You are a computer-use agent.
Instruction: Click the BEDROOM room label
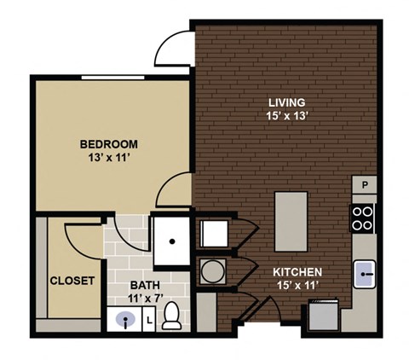(x=109, y=144)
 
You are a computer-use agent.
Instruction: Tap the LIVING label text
(x=287, y=102)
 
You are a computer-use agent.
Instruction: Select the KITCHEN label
(x=297, y=272)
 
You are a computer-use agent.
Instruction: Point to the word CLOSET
(x=72, y=281)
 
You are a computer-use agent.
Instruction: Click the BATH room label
(x=145, y=285)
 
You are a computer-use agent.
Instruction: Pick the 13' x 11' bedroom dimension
(x=109, y=158)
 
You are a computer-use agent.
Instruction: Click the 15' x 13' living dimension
(x=287, y=116)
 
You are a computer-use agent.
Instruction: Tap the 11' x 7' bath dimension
(x=146, y=299)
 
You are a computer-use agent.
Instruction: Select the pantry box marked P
(x=365, y=185)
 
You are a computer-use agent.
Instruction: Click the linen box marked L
(x=149, y=319)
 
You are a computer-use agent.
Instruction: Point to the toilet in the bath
(x=171, y=316)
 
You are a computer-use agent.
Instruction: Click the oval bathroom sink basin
(x=125, y=318)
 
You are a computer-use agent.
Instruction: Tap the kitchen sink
(x=365, y=274)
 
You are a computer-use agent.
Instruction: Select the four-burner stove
(x=362, y=218)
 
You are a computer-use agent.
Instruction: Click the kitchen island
(x=291, y=222)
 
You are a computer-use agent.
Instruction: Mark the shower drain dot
(x=172, y=241)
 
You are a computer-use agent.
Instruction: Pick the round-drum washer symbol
(x=213, y=271)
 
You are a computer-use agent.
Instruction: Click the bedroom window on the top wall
(x=112, y=78)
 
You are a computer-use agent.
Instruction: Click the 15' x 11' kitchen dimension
(x=297, y=285)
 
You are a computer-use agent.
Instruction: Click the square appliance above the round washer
(x=214, y=234)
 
